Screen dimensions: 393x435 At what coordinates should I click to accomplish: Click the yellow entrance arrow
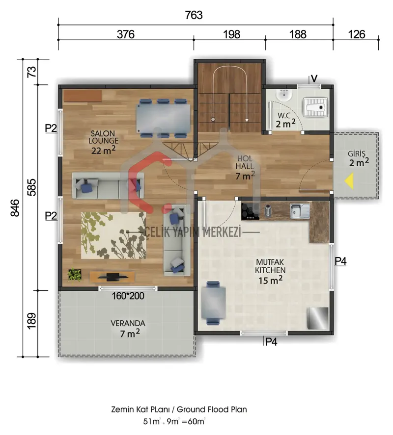[349, 181]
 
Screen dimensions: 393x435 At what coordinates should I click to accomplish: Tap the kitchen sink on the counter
[300, 211]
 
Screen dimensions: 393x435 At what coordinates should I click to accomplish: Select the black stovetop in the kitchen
[250, 212]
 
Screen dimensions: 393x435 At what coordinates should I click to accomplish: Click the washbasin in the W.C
[284, 95]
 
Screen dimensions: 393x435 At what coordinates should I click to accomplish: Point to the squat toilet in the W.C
[315, 107]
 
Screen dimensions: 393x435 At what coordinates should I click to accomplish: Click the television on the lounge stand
[113, 277]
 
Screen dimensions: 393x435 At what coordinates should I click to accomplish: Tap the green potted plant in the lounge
[75, 274]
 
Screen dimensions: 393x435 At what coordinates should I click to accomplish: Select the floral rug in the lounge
[113, 235]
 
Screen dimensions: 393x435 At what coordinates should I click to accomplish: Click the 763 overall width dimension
[194, 15]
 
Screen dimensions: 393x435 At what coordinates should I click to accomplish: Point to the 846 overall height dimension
[15, 207]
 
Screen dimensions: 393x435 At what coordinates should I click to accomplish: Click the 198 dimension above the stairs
[231, 34]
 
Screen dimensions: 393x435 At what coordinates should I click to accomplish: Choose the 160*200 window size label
[128, 296]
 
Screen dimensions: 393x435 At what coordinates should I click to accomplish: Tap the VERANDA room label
[128, 323]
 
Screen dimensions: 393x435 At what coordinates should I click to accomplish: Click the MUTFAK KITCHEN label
[270, 266]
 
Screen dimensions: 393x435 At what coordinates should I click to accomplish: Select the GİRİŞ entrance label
[357, 154]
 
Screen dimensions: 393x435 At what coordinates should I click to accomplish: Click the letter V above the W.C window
[314, 79]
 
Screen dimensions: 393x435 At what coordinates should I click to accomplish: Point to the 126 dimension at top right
[356, 34]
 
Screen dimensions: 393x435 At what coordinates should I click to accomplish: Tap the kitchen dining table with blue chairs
[214, 303]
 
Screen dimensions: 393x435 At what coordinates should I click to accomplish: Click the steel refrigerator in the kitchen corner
[318, 318]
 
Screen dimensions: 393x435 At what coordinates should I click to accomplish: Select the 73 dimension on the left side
[32, 72]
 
